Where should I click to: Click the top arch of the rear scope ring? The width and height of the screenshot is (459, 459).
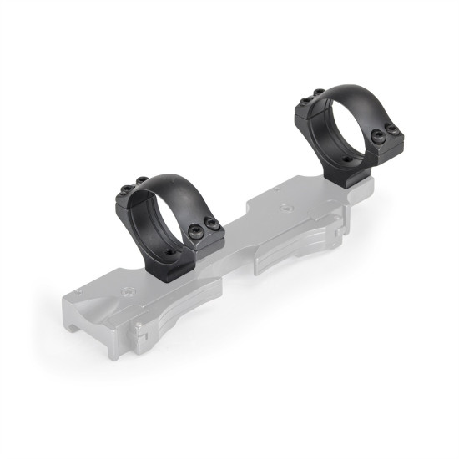click(x=342, y=89)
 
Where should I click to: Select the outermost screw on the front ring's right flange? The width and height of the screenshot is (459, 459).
click(x=214, y=226)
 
